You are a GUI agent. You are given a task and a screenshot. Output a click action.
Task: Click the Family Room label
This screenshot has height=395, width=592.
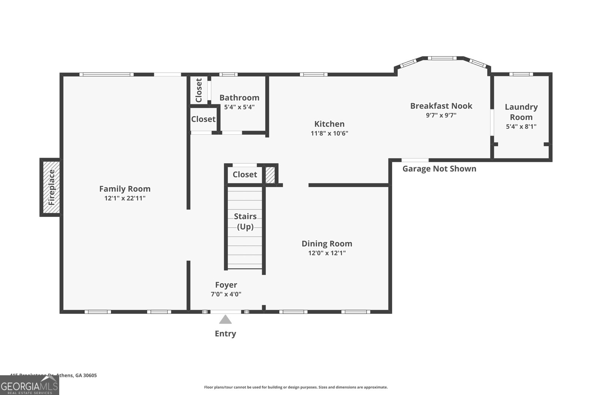pos(125,189)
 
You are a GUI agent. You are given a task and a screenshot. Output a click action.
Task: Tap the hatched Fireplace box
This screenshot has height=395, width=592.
pos(51,187)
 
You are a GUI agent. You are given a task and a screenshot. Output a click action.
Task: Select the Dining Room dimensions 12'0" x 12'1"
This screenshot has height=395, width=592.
pos(327,253)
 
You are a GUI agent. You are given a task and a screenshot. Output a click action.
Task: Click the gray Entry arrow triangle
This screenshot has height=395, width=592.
pos(225,319)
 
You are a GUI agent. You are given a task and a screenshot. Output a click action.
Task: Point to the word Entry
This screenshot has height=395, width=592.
pos(225,334)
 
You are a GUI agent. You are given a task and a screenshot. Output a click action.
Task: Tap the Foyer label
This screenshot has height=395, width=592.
pos(226,285)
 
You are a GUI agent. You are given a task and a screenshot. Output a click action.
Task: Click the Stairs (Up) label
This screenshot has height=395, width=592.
pos(245,221)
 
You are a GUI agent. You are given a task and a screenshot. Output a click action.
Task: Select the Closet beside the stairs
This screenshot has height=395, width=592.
pos(245,174)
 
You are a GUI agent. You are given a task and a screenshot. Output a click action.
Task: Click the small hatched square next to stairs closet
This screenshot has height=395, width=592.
pos(270,175)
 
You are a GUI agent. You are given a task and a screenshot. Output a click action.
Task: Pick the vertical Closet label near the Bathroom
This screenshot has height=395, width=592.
pos(199,90)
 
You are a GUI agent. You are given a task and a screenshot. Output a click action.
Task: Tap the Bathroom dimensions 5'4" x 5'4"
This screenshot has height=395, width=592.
pos(239,107)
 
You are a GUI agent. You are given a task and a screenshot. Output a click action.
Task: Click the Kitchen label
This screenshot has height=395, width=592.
pos(329,124)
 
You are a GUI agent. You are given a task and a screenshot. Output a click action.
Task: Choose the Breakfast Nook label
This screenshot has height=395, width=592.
pos(441,106)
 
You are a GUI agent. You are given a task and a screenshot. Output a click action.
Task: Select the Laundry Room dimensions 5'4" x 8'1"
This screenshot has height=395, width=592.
pos(521,127)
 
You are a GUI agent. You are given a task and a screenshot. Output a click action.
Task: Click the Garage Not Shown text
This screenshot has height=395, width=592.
pos(439,169)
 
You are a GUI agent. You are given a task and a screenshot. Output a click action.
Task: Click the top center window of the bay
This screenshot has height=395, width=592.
pos(443,58)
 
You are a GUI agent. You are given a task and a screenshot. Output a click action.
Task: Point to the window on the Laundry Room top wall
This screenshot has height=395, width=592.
pos(521,74)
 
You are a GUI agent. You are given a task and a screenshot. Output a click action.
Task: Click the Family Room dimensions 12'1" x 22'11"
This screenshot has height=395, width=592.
pos(125,198)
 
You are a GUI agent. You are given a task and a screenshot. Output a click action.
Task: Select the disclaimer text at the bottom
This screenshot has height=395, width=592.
pos(296,387)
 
